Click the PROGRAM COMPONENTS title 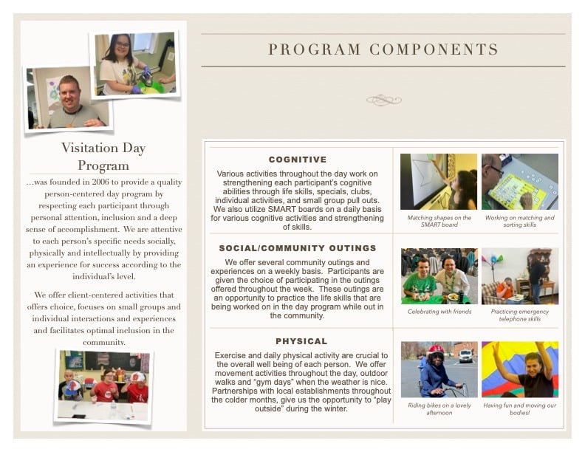pyautogui.click(x=383, y=50)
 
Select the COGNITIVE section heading pyautogui.click(x=298, y=160)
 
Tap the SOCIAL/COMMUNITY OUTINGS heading pyautogui.click(x=298, y=248)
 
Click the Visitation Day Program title pyautogui.click(x=103, y=156)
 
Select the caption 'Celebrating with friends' pyautogui.click(x=439, y=312)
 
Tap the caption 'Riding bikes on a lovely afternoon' pyautogui.click(x=439, y=408)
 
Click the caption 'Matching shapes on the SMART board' pyautogui.click(x=439, y=222)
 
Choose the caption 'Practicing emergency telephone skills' pyautogui.click(x=519, y=315)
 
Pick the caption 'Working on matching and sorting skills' pyautogui.click(x=519, y=222)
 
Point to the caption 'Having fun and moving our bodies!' pyautogui.click(x=519, y=408)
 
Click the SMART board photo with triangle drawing pyautogui.click(x=439, y=182)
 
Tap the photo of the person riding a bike pyautogui.click(x=439, y=369)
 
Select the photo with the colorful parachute pyautogui.click(x=519, y=369)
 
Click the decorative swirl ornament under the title pyautogui.click(x=383, y=100)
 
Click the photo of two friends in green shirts pyautogui.click(x=439, y=276)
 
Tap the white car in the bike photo pyautogui.click(x=465, y=355)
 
